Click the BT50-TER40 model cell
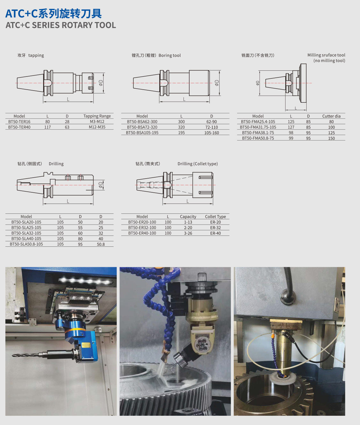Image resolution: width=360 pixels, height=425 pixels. pos(19,127)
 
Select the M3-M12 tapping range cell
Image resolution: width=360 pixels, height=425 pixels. pos(97,122)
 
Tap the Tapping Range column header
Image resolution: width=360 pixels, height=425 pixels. pos(97,116)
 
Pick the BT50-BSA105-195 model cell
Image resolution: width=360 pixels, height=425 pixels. pos(142,132)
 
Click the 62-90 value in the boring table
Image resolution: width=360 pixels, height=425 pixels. pos(212,122)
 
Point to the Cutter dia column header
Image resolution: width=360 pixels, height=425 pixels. pos(331,116)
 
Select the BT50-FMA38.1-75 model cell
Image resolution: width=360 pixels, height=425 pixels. pos(258,132)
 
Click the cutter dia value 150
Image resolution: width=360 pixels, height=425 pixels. pos(331,138)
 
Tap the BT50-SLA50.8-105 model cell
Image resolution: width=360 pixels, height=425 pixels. pos(26,244)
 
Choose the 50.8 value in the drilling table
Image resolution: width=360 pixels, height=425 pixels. pos(101,244)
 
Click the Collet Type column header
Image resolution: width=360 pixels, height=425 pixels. pos(215,217)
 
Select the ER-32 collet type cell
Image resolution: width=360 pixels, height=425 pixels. pos(215,228)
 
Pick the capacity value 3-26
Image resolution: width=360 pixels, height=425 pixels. pos(188,233)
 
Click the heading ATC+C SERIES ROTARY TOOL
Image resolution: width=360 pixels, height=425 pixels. pos(61,25)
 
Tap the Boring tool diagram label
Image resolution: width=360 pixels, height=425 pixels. pos(170,55)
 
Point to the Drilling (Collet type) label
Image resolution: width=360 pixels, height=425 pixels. pos(198,164)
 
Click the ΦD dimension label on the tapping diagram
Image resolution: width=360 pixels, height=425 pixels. pos(101,83)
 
